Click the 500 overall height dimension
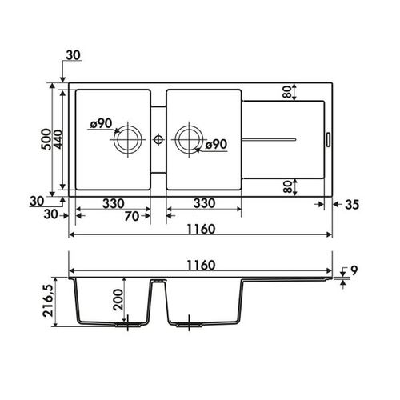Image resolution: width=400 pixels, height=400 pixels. tap(46, 139)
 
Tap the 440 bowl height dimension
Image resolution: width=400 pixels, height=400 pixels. tap(58, 139)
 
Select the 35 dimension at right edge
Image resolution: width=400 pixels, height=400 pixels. tap(352, 205)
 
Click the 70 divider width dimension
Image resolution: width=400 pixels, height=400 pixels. tap(132, 216)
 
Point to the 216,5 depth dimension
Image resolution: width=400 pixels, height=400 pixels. tap(48, 301)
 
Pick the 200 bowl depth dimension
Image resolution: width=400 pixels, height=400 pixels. tap(118, 300)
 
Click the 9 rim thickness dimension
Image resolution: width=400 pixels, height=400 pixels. tap(354, 271)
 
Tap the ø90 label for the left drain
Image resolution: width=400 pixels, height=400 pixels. tap(102, 123)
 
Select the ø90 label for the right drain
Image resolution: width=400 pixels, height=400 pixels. tap(217, 144)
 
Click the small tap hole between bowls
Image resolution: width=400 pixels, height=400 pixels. tap(158, 139)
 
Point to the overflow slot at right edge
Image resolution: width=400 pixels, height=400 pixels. tap(328, 139)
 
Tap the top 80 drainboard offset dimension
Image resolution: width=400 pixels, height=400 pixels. tap(287, 92)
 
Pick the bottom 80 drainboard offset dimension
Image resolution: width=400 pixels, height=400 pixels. tap(288, 186)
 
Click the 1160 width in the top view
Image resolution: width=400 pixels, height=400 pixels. tap(201, 229)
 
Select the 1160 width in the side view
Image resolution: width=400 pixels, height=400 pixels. tap(201, 266)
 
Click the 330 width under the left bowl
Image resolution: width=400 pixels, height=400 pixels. tap(114, 204)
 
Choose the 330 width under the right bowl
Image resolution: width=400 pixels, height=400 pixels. tap(204, 203)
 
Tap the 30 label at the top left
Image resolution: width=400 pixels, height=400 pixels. tap(73, 55)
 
